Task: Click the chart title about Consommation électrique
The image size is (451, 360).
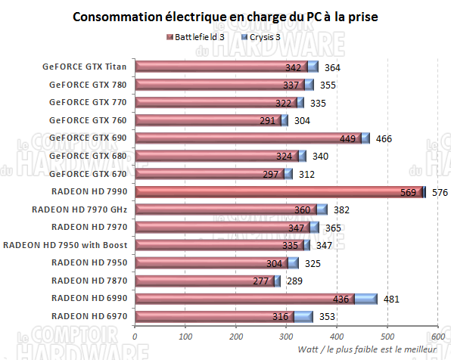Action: click(225, 17)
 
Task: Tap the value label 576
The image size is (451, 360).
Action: click(440, 192)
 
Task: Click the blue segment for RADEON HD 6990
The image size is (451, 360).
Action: click(365, 299)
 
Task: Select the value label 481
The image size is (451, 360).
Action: click(392, 299)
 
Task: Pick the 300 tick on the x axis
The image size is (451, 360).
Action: click(286, 337)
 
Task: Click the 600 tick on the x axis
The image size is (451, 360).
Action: click(437, 337)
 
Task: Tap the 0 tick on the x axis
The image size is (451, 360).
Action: click(135, 337)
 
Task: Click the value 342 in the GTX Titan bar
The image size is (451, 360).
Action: click(295, 67)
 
